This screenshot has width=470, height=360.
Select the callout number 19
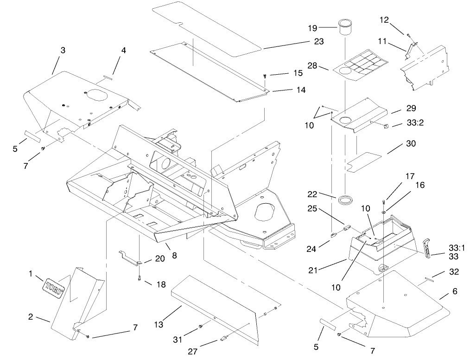[325, 27]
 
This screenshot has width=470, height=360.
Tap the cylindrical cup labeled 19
[345, 27]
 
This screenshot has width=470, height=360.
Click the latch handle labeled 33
[429, 248]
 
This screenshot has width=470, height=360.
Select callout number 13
[159, 325]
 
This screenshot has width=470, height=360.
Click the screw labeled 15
[264, 75]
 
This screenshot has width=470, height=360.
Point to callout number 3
[63, 50]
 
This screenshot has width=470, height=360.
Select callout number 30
[411, 143]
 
